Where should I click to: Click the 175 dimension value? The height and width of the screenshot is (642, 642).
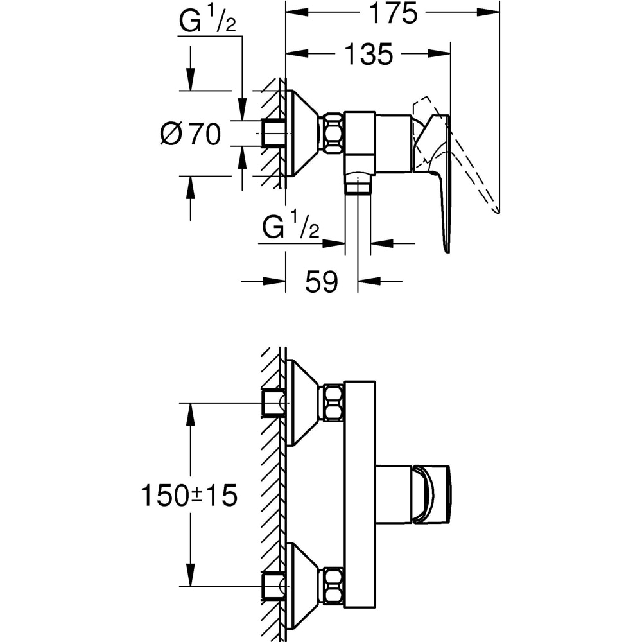[393, 13]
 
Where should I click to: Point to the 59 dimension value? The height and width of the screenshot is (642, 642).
[321, 281]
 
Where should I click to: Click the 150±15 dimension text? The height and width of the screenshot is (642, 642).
[189, 495]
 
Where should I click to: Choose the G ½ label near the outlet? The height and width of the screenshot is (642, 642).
[290, 229]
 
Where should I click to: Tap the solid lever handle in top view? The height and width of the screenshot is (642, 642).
[443, 193]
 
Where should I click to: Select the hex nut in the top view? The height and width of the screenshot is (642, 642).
[332, 134]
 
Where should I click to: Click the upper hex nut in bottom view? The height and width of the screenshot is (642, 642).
[332, 403]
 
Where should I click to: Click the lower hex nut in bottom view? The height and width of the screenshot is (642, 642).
[332, 586]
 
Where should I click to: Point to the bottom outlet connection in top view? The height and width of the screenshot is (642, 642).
[358, 184]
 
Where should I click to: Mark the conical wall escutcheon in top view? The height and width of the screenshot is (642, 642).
[301, 134]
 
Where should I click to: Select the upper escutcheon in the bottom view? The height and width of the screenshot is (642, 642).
[301, 403]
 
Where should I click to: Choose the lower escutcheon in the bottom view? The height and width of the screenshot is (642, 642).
[301, 586]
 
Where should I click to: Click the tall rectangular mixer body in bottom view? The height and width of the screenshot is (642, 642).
[360, 494]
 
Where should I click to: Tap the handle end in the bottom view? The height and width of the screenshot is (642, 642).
[432, 494]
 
